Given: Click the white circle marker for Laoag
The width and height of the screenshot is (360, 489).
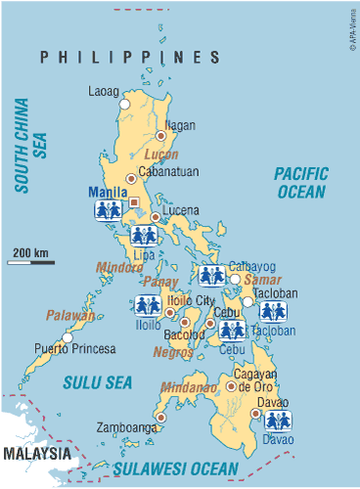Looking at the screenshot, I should (x=124, y=103).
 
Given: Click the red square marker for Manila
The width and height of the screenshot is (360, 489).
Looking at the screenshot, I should (x=135, y=203).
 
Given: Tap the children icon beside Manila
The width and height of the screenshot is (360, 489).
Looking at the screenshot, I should (x=108, y=209).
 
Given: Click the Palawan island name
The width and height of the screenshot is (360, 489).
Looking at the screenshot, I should (x=69, y=315).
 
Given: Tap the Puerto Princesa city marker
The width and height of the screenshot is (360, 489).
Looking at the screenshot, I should (x=67, y=337).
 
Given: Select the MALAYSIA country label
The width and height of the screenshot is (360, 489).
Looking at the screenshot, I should (x=36, y=455).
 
